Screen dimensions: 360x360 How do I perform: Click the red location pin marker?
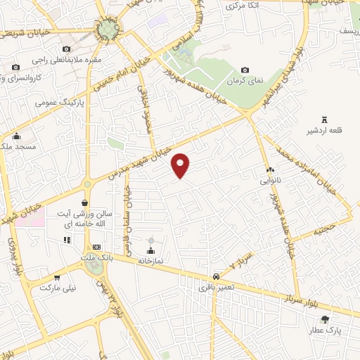point(181,165)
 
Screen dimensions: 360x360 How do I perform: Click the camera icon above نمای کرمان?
point(245,70)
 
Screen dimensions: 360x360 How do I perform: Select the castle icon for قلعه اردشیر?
point(323,117)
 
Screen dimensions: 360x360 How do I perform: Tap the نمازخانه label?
point(150,261)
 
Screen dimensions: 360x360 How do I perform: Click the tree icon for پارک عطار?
point(324,319)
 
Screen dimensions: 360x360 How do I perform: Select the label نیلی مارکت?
point(57,288)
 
